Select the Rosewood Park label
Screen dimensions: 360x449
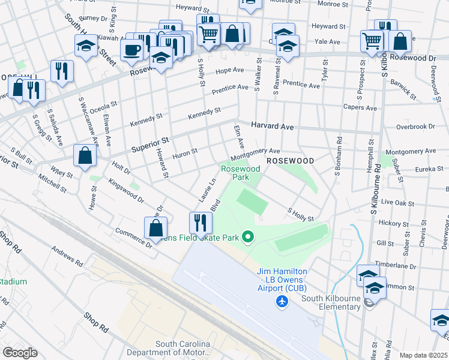(x=241, y=173)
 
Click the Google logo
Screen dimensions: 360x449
(x=19, y=353)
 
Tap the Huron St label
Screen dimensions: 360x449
(x=185, y=152)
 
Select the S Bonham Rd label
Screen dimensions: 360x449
(x=338, y=153)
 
